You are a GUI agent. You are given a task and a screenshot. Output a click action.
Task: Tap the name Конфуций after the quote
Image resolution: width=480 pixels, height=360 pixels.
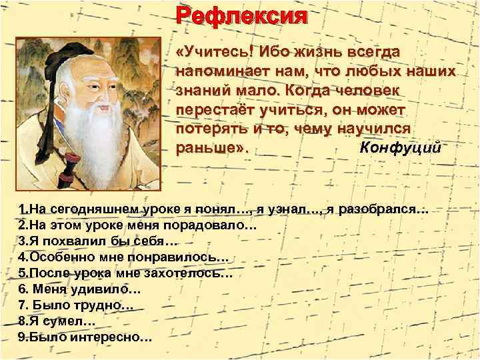click(399, 147)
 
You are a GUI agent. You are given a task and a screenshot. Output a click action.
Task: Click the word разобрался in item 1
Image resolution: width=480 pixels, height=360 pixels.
click(375, 211)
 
